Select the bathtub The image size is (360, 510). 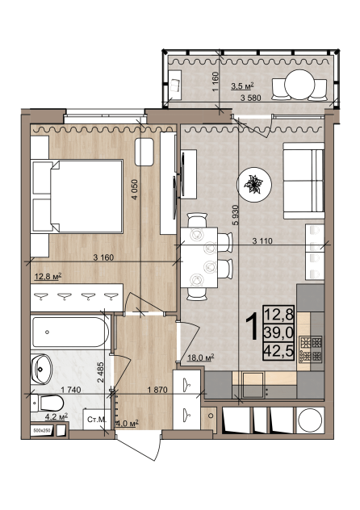coord(70,332)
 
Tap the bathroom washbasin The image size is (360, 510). coord(42,369)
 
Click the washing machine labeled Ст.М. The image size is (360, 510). coord(97,420)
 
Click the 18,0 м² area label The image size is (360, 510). coord(201,358)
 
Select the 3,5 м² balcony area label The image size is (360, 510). coord(242,86)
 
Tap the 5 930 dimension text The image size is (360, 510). coord(236,215)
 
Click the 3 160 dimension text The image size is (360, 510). coord(103,257)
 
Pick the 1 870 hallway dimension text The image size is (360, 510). coord(157,390)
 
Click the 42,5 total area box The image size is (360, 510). coord(279,351)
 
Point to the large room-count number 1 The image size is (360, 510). coord(252,327)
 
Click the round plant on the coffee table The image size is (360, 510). coord(254,185)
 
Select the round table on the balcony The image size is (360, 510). coord(299,85)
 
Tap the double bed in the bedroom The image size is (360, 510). coord(77,196)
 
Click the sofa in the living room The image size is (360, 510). coord(303,181)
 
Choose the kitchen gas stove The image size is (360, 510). coord(311,349)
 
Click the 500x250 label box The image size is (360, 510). coord(42,430)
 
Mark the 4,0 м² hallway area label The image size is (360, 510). coord(128,423)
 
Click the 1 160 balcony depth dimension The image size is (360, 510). coord(216,82)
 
